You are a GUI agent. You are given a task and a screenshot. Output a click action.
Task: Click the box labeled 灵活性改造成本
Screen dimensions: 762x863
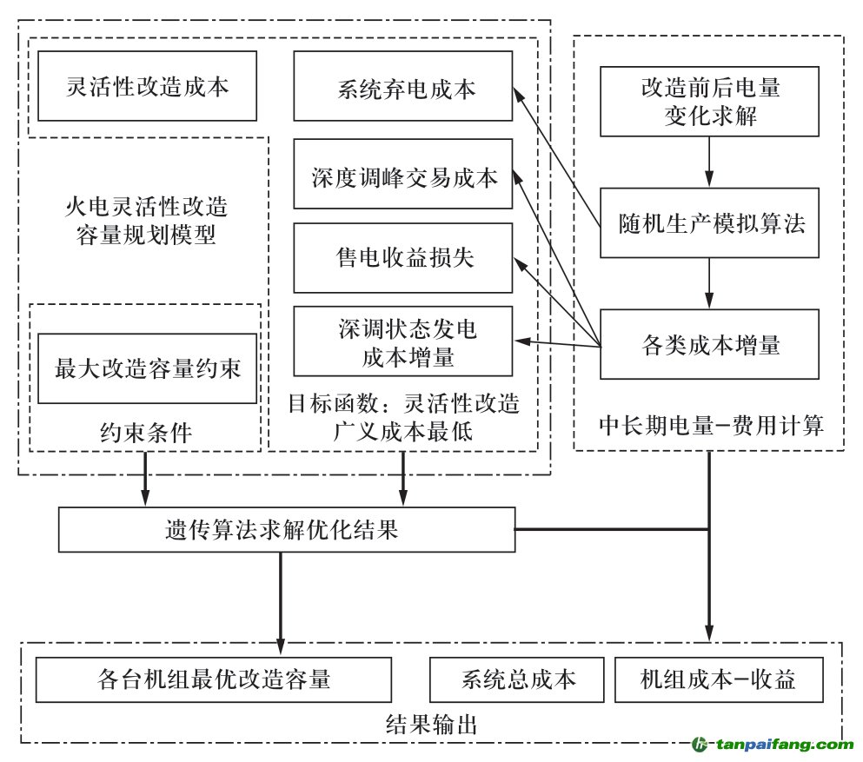(147, 86)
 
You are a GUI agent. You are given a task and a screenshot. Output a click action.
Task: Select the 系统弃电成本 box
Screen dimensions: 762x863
(402, 86)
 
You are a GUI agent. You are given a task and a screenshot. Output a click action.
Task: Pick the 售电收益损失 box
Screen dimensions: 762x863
(402, 258)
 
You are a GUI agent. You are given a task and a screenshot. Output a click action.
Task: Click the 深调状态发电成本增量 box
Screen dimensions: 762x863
(402, 341)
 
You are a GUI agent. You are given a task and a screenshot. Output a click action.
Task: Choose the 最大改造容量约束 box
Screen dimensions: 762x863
(147, 368)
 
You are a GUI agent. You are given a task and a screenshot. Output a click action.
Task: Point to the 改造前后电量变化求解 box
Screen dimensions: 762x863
(709, 101)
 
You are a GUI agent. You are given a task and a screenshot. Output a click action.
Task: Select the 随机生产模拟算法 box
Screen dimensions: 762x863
(709, 223)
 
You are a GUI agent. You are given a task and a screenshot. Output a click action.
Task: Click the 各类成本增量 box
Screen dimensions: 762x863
(709, 344)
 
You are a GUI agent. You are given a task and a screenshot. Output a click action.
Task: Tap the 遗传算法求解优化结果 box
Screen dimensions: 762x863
(286, 530)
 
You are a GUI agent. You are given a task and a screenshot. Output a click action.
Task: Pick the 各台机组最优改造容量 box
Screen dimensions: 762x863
(213, 679)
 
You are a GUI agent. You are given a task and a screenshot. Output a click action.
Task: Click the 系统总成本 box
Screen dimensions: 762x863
(516, 679)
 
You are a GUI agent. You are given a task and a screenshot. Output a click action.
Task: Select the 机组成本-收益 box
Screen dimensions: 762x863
(718, 679)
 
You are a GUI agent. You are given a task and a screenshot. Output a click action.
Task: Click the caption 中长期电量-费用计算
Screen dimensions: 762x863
(710, 426)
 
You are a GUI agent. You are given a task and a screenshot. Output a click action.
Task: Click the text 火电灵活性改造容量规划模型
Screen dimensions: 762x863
(146, 221)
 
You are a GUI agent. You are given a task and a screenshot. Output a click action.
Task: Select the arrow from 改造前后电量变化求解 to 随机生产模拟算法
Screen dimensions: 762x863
(709, 162)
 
